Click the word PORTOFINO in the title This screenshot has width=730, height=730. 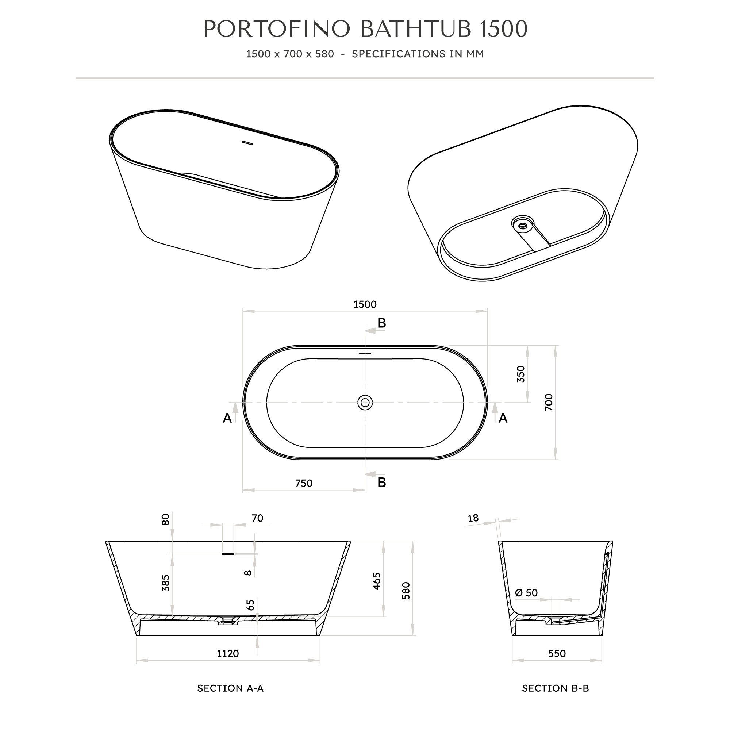pyautogui.click(x=277, y=29)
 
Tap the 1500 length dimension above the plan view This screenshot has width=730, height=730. pyautogui.click(x=365, y=304)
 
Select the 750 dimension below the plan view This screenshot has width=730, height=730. pyautogui.click(x=304, y=483)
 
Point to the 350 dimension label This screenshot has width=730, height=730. pyautogui.click(x=521, y=374)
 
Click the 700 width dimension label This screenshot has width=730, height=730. pyautogui.click(x=549, y=402)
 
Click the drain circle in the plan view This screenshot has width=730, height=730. pyautogui.click(x=365, y=403)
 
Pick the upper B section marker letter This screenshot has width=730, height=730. pyautogui.click(x=382, y=323)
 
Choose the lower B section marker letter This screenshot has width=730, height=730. pyautogui.click(x=382, y=483)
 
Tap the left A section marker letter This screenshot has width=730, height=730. pyautogui.click(x=227, y=418)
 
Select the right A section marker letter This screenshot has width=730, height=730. pyautogui.click(x=503, y=418)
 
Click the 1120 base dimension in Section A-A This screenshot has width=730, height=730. pyautogui.click(x=228, y=653)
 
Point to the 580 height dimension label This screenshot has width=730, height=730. pyautogui.click(x=406, y=591)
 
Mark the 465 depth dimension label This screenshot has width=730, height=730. pyautogui.click(x=377, y=581)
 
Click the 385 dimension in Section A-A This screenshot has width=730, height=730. pyautogui.click(x=165, y=583)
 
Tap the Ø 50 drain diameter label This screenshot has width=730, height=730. pyautogui.click(x=526, y=593)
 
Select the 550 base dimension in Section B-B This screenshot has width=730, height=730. pyautogui.click(x=557, y=653)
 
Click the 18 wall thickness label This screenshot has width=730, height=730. pyautogui.click(x=473, y=518)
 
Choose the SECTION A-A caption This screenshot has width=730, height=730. pyautogui.click(x=230, y=688)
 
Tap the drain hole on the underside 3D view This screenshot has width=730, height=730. pyautogui.click(x=523, y=226)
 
